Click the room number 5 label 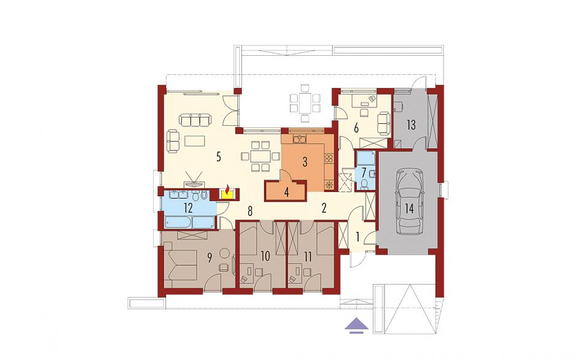coord(219,157)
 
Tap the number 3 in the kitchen coord(305,162)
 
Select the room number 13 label coord(411,124)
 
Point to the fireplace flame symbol coord(228,190)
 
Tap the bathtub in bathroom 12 coord(178,222)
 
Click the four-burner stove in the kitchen coord(328,158)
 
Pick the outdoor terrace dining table coord(305,103)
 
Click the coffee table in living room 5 coord(194,141)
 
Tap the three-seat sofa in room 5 coord(195,119)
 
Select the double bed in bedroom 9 coord(181,264)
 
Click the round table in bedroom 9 coord(224,253)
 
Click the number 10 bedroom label coord(265,256)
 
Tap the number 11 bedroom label coord(308,256)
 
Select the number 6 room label coord(356,128)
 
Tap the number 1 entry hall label coord(357,237)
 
